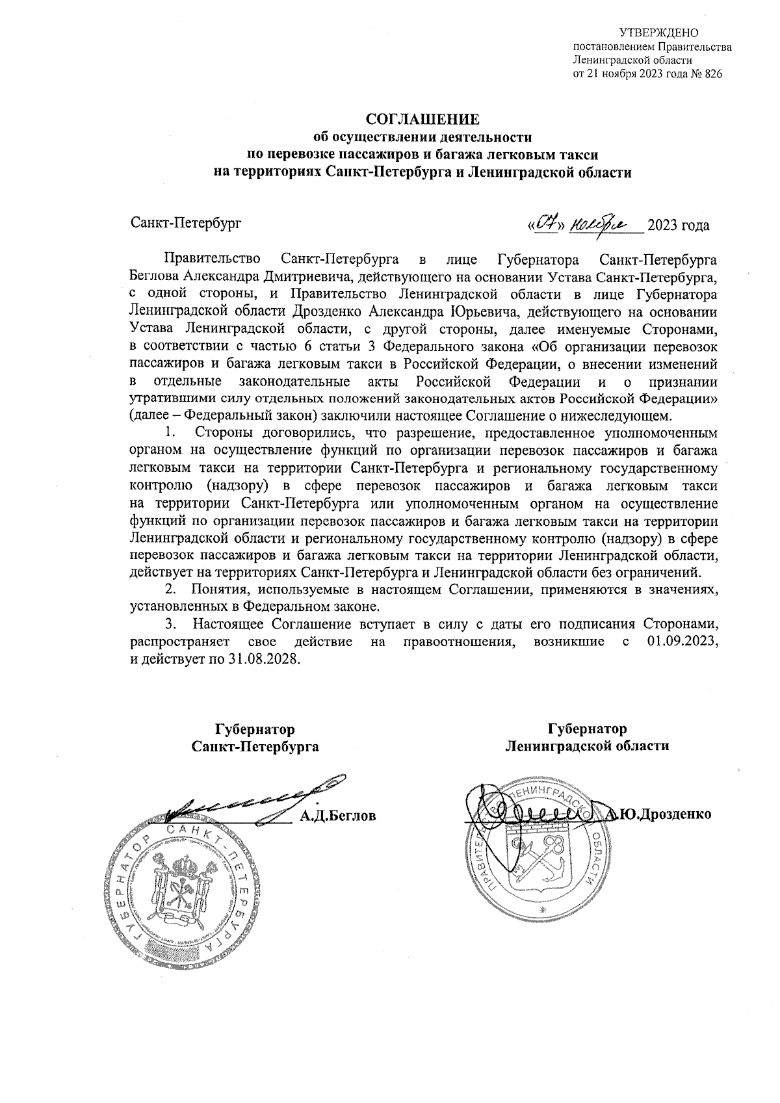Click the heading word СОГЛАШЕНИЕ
422,120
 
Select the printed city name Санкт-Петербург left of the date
186,224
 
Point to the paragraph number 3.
170,626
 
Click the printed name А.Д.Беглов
337,815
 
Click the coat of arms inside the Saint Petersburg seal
180,894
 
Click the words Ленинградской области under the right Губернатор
587,746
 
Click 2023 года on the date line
678,226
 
